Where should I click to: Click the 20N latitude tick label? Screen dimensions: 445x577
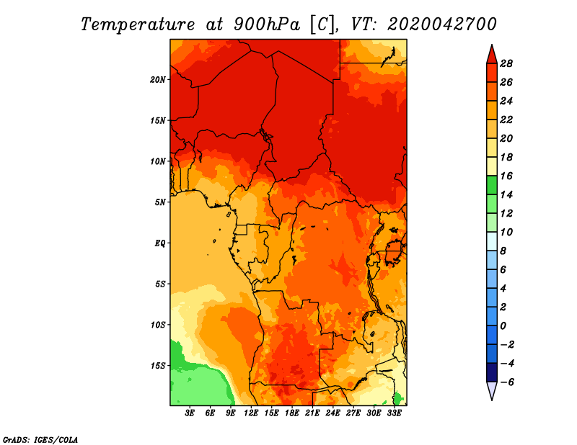pos(158,79)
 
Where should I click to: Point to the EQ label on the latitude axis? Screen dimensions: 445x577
pos(159,243)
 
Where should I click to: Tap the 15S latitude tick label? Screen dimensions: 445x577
pos(158,366)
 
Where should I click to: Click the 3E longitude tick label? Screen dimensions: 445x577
pos(190,413)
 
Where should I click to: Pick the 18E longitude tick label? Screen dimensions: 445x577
pos(292,413)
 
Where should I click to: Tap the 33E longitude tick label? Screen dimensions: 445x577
pos(394,413)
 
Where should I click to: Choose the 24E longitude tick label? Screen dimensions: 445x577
pos(332,413)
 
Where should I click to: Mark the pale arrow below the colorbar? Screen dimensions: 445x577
pos(492,390)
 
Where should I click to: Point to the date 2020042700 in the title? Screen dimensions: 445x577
pos(442,24)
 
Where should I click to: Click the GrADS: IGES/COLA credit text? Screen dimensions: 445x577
pos(40,439)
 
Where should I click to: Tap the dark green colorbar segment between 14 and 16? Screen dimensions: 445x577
pos(492,185)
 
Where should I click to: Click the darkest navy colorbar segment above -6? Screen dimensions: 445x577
pos(492,372)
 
